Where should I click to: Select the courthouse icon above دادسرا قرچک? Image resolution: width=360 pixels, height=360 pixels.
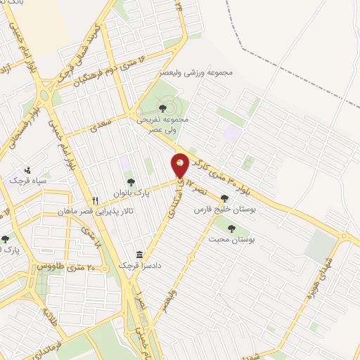139,254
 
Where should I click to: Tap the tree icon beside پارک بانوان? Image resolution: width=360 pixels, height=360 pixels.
130,183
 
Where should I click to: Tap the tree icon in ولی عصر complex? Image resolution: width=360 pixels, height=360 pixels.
162,108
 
